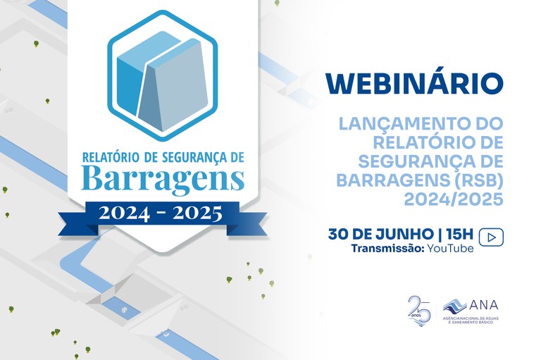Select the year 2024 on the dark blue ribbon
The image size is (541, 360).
coord(124,211)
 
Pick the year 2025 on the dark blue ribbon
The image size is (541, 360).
coord(198,211)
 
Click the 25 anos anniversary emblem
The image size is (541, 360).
coord(418,309)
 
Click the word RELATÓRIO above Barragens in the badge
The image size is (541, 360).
coord(111,155)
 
